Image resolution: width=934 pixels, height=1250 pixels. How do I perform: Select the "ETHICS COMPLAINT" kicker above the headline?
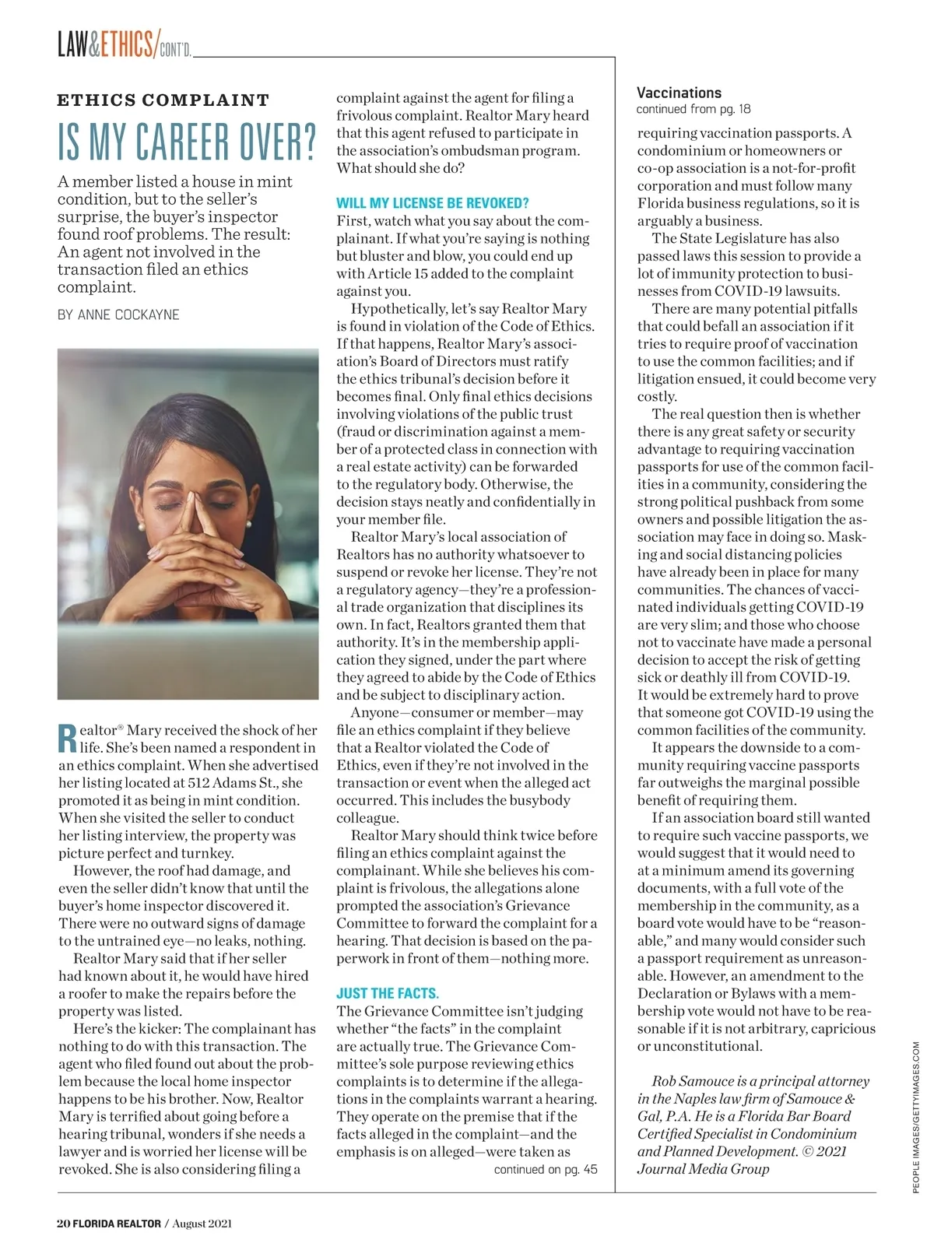(x=163, y=100)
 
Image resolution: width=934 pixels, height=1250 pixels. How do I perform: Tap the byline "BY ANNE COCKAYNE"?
(x=118, y=315)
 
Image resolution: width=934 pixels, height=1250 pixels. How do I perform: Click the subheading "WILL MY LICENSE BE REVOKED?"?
(x=432, y=203)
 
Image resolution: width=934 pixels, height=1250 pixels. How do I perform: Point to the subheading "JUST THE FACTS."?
(x=388, y=994)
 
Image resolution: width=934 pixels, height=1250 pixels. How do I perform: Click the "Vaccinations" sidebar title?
(x=679, y=93)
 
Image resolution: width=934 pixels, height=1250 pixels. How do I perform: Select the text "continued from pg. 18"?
(x=693, y=110)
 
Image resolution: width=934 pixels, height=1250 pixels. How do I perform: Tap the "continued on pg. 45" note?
(x=546, y=1169)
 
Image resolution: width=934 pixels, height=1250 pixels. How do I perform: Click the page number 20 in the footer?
(x=63, y=1224)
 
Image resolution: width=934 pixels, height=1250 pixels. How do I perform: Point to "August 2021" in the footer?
(x=202, y=1224)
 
